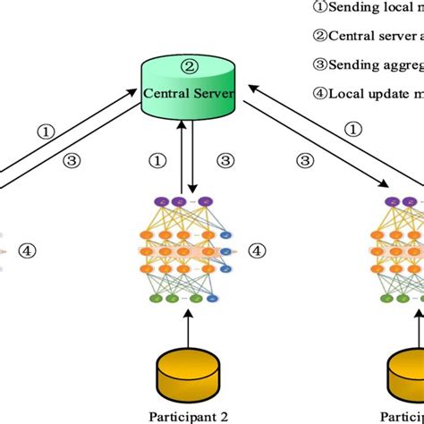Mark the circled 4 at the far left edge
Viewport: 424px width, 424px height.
(x=28, y=251)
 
